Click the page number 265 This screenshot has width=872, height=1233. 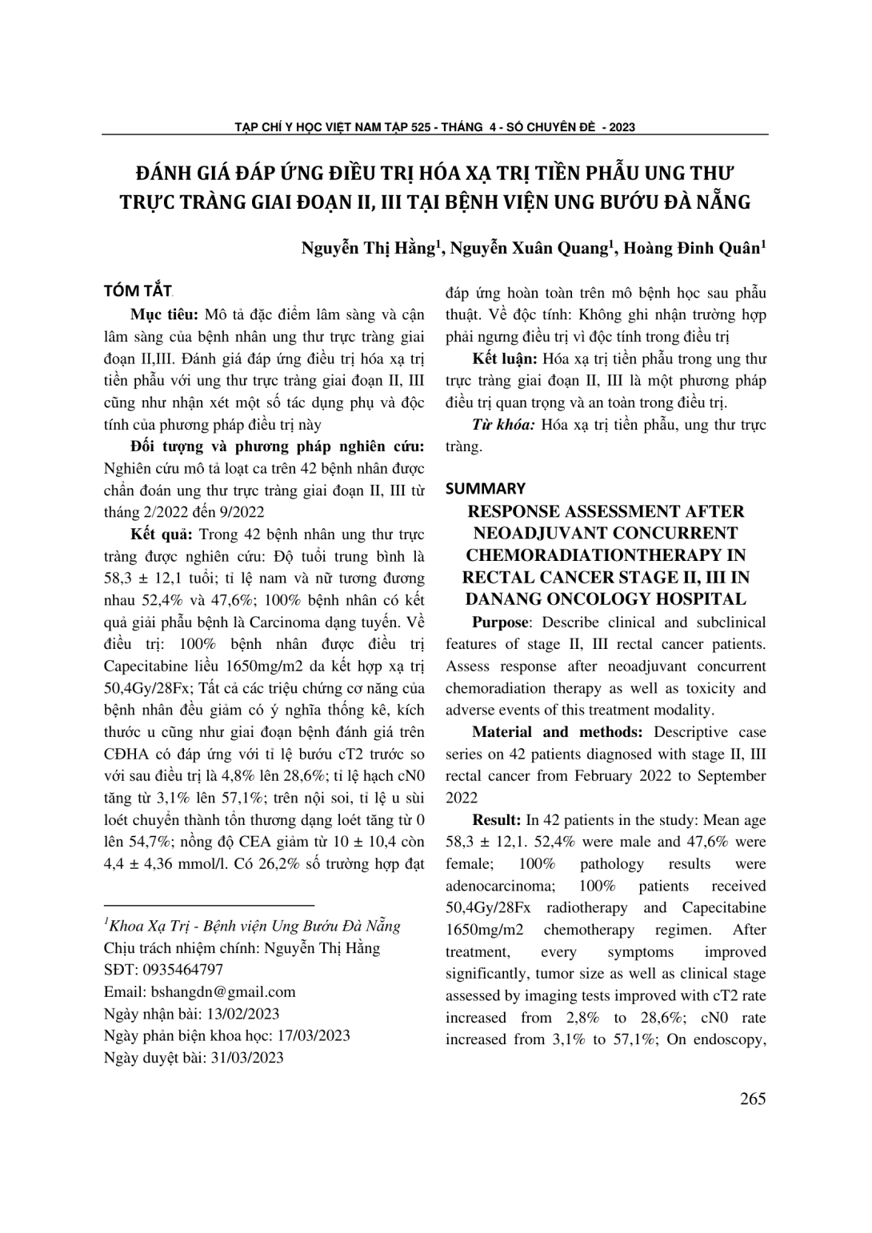752,1099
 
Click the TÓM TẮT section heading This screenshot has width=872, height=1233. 138,290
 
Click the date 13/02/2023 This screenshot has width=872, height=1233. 242,1014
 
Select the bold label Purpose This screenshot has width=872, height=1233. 500,623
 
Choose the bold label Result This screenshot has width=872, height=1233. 496,820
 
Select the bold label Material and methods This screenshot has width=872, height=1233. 558,732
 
